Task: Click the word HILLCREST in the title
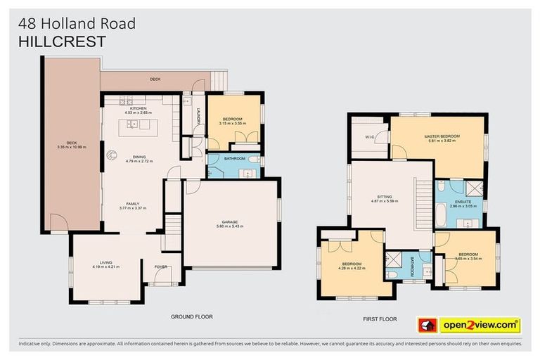coord(63,41)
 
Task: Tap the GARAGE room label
coord(231,221)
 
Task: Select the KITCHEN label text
coord(138,108)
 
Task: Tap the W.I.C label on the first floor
coord(369,138)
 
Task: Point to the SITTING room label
coord(384,197)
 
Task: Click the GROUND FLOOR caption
coord(191,316)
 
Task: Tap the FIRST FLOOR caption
coord(380,319)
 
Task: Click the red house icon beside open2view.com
coord(427,326)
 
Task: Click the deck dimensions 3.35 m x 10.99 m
coord(71,147)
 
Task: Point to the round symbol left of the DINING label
coord(110,155)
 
